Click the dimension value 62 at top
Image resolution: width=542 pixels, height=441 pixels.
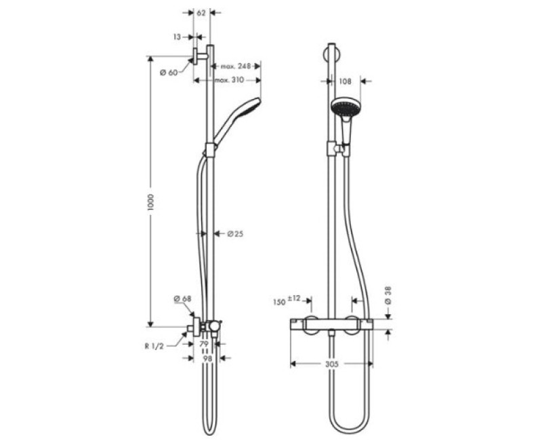pos(201,12)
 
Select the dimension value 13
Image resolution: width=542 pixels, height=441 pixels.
pos(178,37)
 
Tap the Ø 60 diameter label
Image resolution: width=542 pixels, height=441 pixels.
pos(168,73)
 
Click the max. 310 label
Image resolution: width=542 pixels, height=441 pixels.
pos(229,81)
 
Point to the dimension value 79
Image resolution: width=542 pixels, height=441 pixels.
pos(204,345)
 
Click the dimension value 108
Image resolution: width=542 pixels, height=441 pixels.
pos(344,81)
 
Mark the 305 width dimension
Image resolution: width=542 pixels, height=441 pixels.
pos(331,364)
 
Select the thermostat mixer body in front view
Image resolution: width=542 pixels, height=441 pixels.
pos(331,325)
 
